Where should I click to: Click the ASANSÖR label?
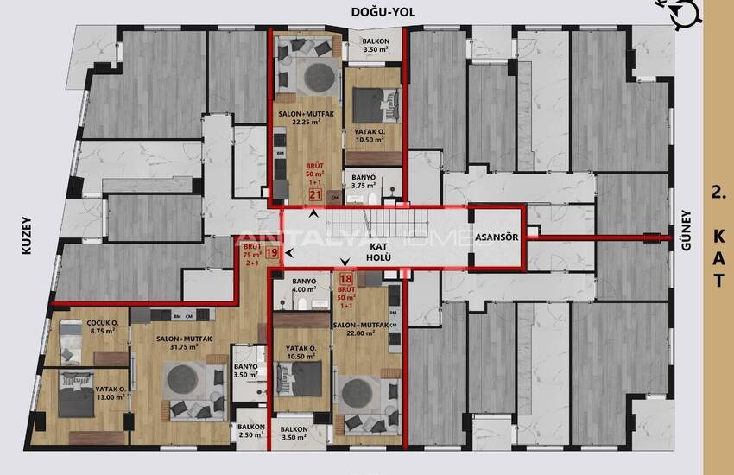496,237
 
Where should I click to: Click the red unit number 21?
316,195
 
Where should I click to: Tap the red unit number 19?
272,253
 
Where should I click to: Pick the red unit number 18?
345,278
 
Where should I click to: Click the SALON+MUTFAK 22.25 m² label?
301,118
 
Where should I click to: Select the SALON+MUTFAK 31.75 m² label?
179,343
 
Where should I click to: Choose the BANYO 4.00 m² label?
306,286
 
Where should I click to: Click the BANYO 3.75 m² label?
364,181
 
